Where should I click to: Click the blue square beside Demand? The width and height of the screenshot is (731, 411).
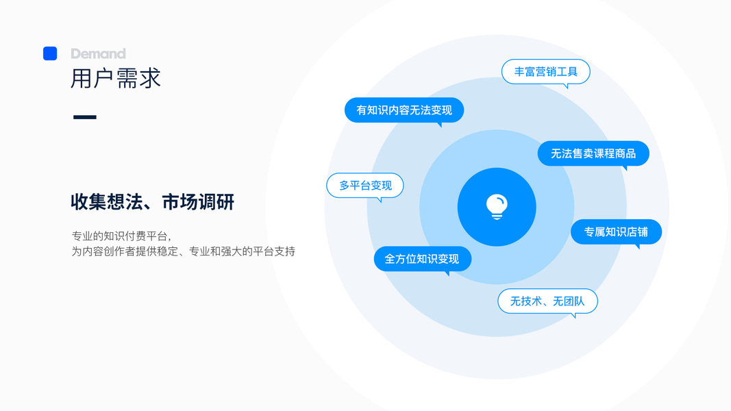pyautogui.click(x=50, y=53)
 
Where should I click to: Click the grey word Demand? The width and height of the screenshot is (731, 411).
pyautogui.click(x=98, y=53)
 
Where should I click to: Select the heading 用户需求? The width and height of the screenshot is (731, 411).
pyautogui.click(x=115, y=79)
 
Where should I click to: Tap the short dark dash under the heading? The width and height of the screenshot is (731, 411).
pyautogui.click(x=84, y=117)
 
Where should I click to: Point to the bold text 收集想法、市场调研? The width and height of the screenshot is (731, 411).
pyautogui.click(x=152, y=202)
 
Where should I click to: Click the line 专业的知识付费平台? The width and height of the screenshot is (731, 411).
pyautogui.click(x=121, y=236)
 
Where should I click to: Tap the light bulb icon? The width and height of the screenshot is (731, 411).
pyautogui.click(x=497, y=206)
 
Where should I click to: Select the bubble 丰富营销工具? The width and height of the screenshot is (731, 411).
pyautogui.click(x=545, y=71)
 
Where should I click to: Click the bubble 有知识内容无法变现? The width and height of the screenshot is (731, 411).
pyautogui.click(x=404, y=110)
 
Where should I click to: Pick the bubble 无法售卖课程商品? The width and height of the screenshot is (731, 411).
pyautogui.click(x=593, y=153)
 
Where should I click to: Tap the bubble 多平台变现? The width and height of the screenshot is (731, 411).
pyautogui.click(x=365, y=185)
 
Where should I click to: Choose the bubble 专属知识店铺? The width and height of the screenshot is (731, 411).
pyautogui.click(x=616, y=232)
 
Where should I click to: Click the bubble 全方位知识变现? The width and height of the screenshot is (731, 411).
pyautogui.click(x=422, y=259)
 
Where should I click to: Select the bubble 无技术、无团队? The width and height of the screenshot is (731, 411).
pyautogui.click(x=547, y=301)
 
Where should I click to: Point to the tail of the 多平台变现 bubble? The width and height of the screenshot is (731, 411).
pyautogui.click(x=380, y=200)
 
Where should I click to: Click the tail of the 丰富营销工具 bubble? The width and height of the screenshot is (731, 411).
pyautogui.click(x=566, y=86)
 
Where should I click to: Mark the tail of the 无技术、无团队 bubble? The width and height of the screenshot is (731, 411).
pyautogui.click(x=573, y=316)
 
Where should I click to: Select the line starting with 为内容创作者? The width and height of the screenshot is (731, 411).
pyautogui.click(x=183, y=251)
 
